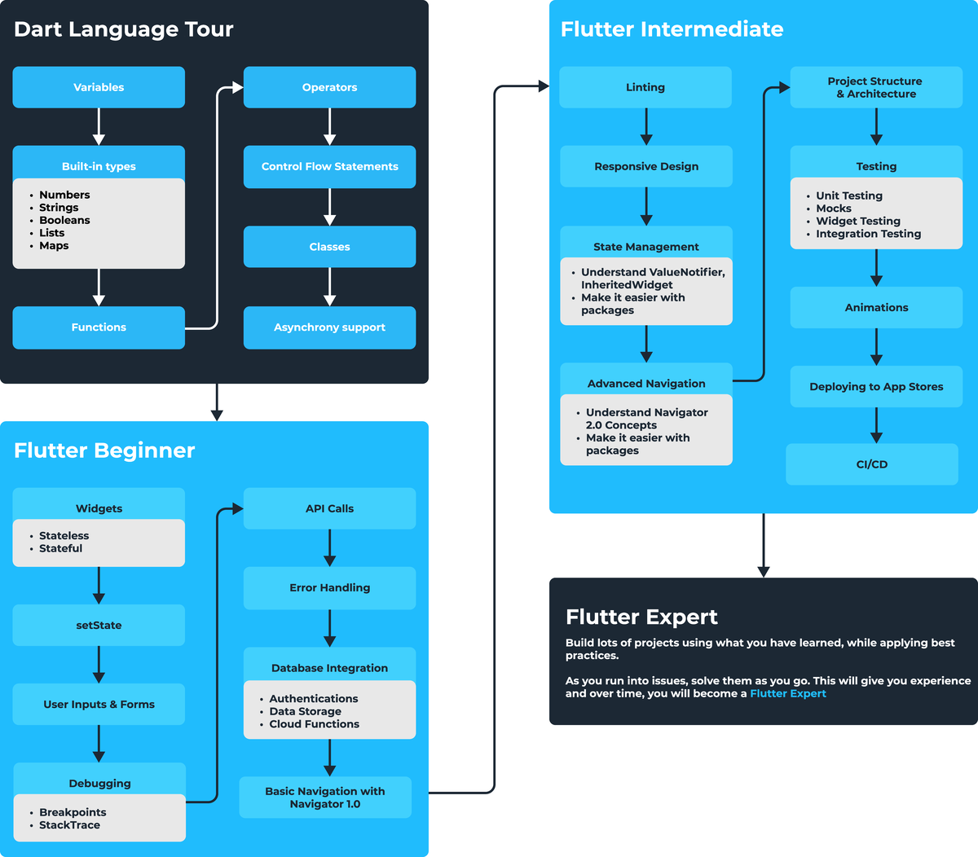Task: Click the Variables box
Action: coord(99,87)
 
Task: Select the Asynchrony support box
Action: coord(329,327)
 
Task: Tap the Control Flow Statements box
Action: coord(329,166)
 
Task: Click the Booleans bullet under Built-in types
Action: coord(64,220)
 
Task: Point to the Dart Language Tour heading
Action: coord(124,29)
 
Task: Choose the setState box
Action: coord(99,625)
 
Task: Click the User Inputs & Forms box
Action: coord(99,704)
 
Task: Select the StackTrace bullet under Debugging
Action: coord(69,825)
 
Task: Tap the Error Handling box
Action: coord(329,587)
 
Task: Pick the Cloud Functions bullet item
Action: coord(314,724)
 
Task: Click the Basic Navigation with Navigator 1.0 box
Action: coord(325,798)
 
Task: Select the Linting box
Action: coord(645,87)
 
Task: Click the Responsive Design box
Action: coord(646,166)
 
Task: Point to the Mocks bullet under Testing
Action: coord(833,209)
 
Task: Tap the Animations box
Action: coord(876,307)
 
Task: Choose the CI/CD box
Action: coord(872,464)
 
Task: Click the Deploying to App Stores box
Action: coord(876,387)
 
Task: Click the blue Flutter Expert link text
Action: coord(787,693)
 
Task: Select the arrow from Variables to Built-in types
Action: coord(99,126)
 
